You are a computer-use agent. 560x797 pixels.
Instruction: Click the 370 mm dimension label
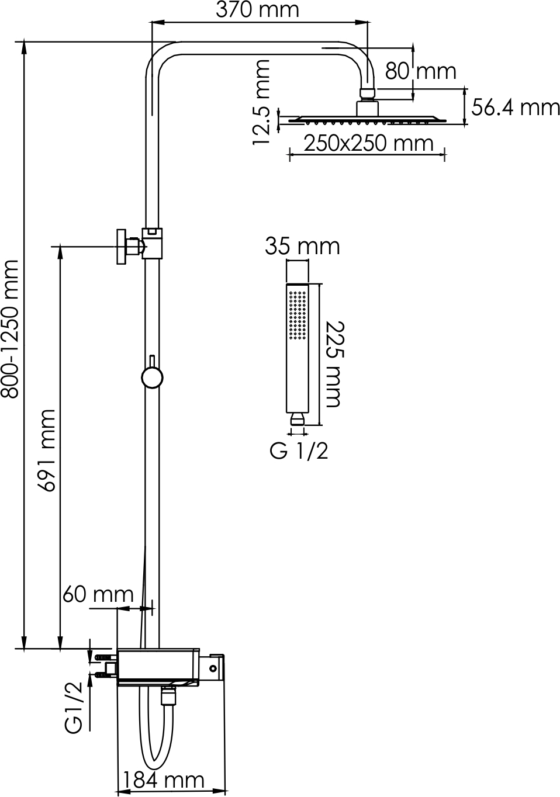[257, 11]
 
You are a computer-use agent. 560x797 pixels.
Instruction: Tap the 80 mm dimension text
[420, 71]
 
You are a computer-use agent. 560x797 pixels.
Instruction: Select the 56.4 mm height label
[516, 108]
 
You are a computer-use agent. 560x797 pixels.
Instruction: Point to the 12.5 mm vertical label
[261, 102]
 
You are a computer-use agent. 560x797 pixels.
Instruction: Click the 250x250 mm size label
[369, 143]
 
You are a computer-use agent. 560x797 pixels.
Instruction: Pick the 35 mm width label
[302, 246]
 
